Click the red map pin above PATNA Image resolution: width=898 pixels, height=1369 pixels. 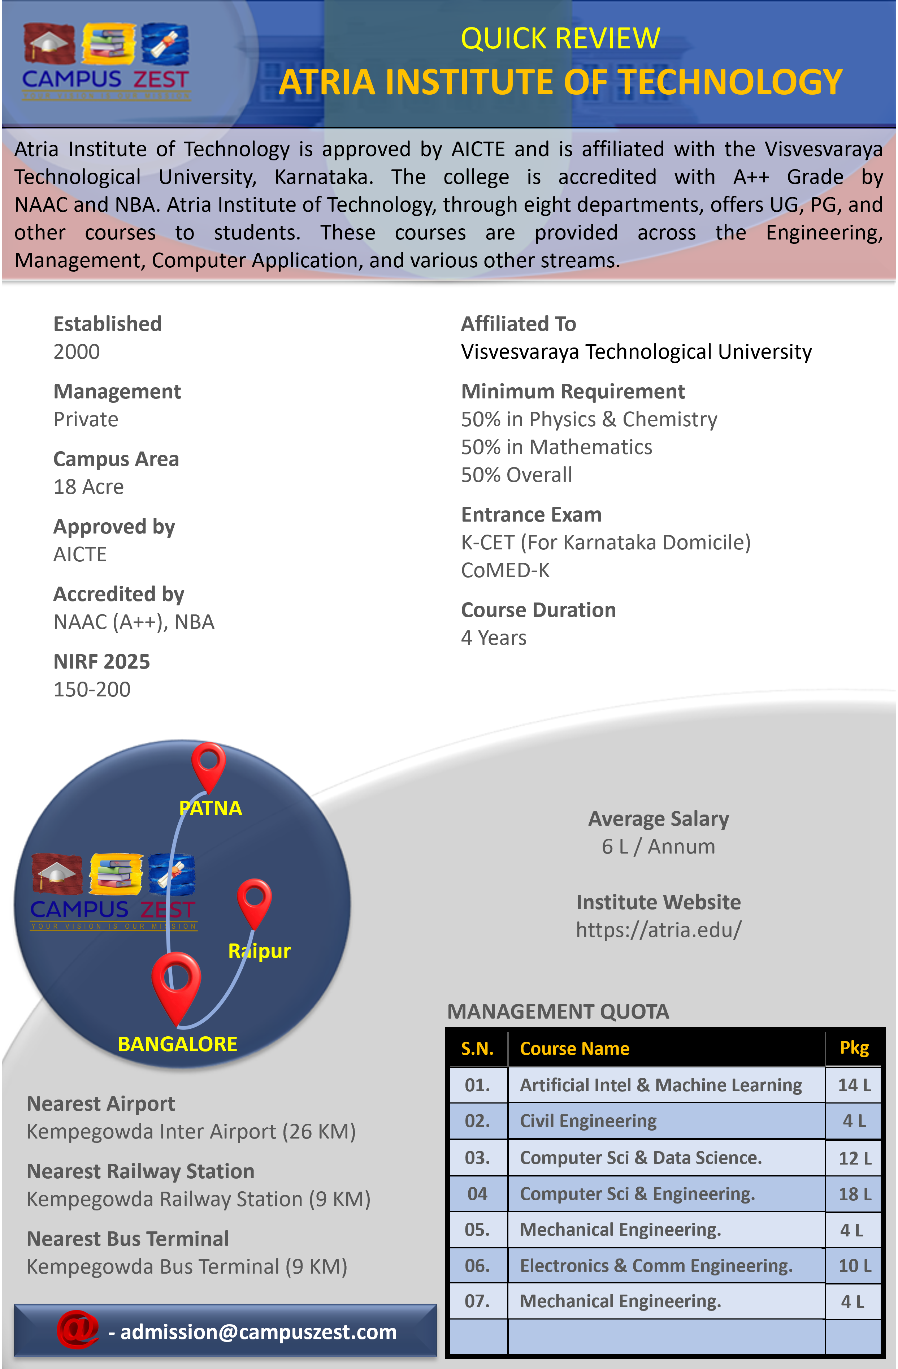tap(208, 765)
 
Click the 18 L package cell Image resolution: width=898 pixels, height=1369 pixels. tap(854, 1194)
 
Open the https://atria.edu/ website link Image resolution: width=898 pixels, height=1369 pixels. tap(659, 929)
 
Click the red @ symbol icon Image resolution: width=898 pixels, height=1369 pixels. tap(77, 1329)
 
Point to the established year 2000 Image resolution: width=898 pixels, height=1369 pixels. tap(77, 351)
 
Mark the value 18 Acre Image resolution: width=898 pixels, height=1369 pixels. tap(88, 487)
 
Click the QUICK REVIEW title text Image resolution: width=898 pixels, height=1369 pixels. tap(560, 39)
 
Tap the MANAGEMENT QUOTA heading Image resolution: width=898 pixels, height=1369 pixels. tap(558, 1011)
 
